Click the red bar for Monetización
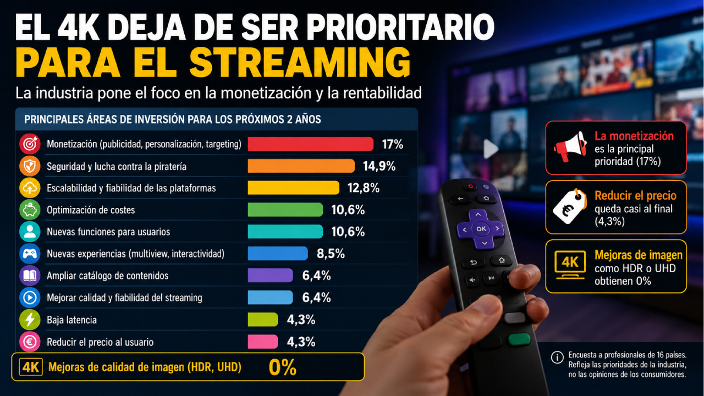tap(311, 144)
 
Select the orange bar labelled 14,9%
tap(301, 166)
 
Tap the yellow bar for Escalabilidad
tap(294, 188)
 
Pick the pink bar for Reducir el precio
tap(263, 342)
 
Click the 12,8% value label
tap(364, 188)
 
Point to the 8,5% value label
tap(331, 254)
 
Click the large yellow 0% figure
tap(283, 367)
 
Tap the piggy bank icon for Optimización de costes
tap(30, 210)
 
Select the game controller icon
tap(30, 254)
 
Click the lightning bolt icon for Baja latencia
tap(30, 320)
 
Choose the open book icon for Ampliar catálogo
tap(30, 276)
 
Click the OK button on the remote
tap(481, 229)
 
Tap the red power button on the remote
tap(470, 186)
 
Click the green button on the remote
tap(519, 339)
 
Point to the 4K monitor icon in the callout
tap(570, 265)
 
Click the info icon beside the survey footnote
tap(557, 358)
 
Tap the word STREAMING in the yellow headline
tap(300, 62)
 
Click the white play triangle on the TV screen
tap(491, 148)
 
